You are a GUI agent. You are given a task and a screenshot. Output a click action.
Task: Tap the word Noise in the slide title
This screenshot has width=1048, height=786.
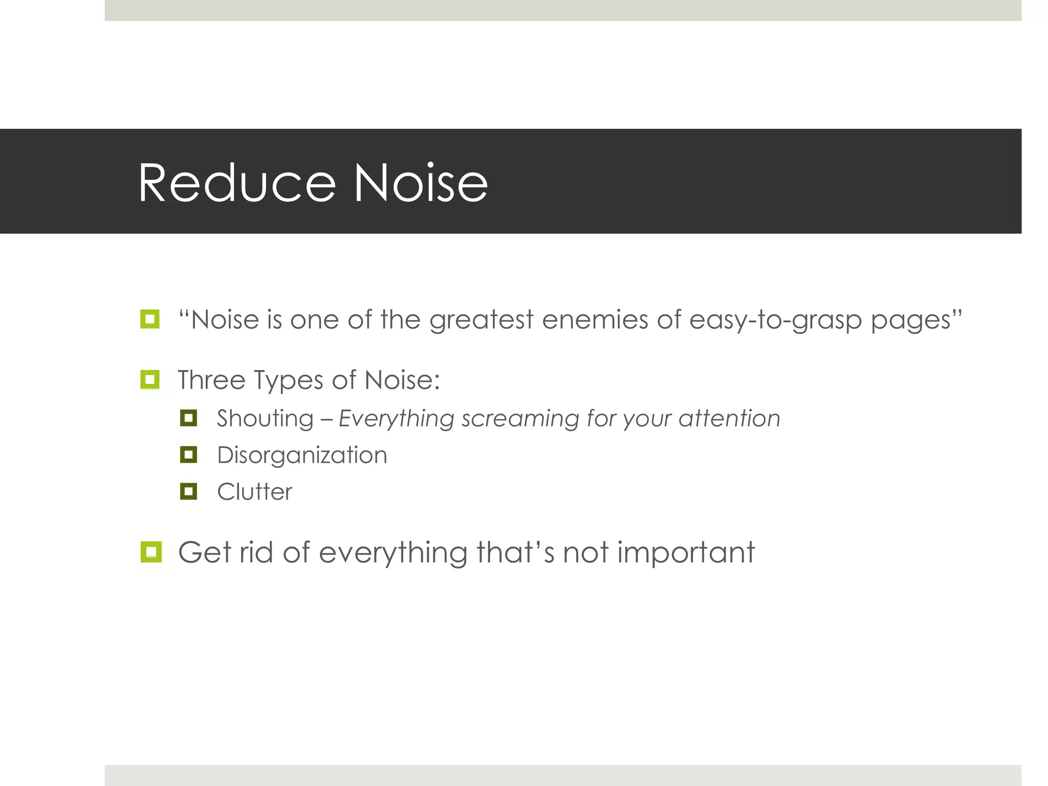421,183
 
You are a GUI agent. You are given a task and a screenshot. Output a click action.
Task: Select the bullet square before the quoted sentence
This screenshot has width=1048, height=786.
150,319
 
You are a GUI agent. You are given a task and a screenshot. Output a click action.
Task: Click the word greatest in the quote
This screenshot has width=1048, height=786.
481,320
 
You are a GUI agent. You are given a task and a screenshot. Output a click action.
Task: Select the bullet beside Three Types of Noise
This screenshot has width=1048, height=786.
150,380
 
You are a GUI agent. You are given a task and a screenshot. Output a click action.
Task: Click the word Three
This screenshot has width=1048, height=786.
211,380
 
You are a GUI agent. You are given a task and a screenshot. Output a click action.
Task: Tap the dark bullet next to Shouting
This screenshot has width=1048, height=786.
188,418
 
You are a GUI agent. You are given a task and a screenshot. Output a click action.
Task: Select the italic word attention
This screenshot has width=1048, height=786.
729,419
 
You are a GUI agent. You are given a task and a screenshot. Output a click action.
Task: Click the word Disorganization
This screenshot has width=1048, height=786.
302,455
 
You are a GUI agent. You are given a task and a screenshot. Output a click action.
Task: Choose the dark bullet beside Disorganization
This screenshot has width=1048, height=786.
188,454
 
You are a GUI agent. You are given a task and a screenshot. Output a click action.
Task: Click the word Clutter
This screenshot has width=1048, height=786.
254,492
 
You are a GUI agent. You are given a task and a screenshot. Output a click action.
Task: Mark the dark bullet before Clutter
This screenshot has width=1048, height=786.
188,491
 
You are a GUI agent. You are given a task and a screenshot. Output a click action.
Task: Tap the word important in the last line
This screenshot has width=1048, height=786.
686,553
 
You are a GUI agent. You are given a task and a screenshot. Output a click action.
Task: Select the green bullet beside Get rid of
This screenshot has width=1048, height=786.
151,552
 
